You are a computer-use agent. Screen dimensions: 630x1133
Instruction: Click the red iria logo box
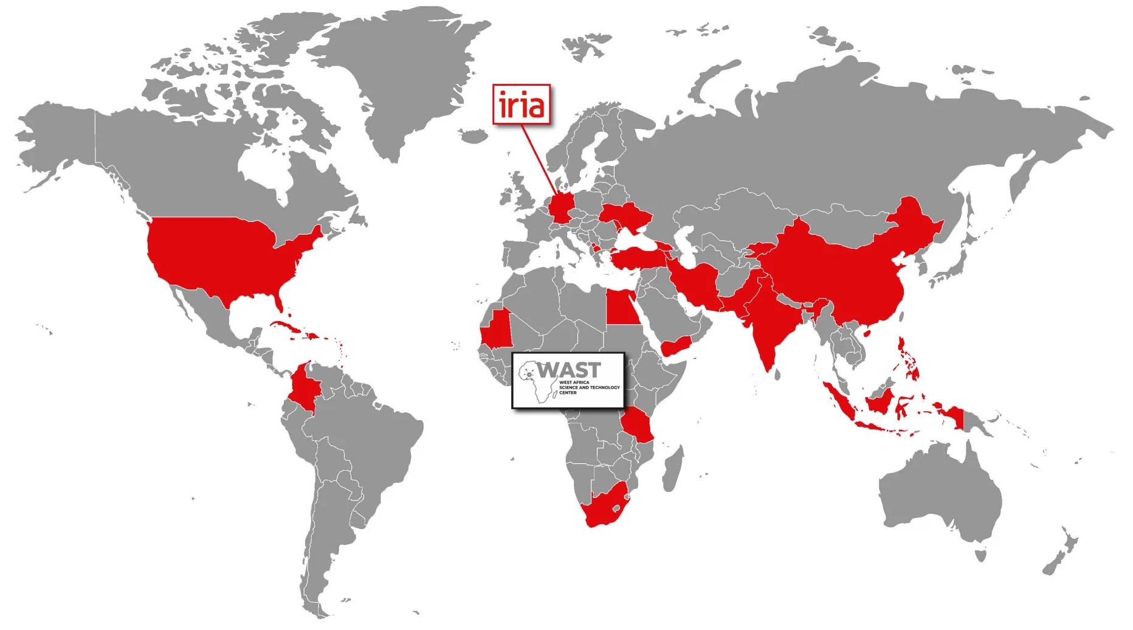click(521, 105)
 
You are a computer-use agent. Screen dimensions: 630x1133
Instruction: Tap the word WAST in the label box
click(569, 370)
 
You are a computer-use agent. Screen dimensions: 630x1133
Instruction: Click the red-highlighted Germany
click(562, 208)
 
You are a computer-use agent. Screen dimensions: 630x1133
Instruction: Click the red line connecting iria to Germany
click(540, 158)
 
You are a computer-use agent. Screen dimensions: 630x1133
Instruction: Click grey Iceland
click(470, 134)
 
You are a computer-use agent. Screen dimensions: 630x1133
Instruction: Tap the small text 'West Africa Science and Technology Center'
click(588, 387)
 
